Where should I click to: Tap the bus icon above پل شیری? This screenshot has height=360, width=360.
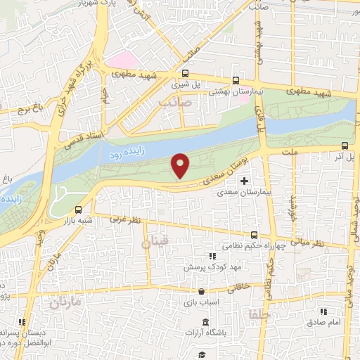[x=185, y=73]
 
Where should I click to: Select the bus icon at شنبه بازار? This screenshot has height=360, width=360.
[x=77, y=210]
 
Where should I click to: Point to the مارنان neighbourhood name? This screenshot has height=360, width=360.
[x=67, y=303]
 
